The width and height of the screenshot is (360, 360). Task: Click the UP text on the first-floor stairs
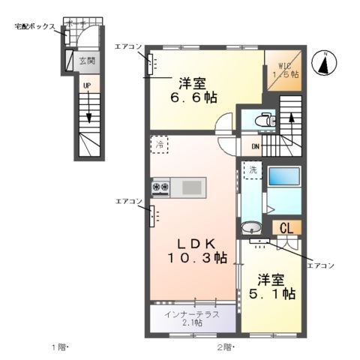[x=87, y=86]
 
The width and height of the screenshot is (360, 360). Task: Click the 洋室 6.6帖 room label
[x=193, y=89]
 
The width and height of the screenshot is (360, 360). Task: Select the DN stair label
[x=254, y=147]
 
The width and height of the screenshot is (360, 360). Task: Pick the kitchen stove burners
[x=161, y=186]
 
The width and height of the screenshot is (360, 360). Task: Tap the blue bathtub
[x=284, y=177]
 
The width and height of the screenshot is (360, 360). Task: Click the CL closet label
[x=287, y=228]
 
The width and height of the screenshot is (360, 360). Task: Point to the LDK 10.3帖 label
[x=196, y=250]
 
